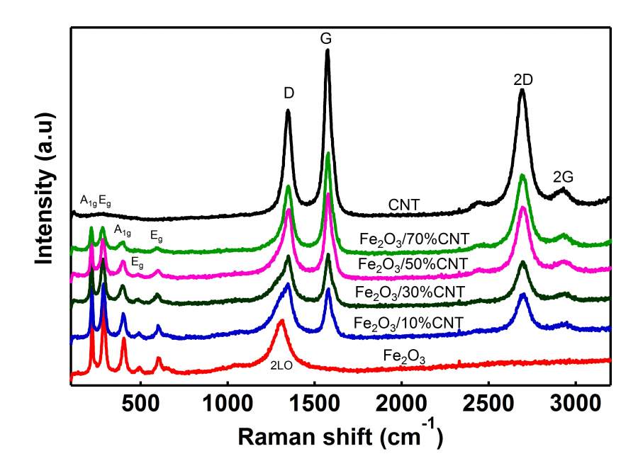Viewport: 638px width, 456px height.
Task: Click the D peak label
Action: (x=289, y=93)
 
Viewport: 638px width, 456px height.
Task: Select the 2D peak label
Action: (x=523, y=80)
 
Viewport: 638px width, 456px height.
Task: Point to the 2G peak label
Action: (x=564, y=177)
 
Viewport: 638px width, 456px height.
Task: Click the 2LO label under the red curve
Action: (x=281, y=365)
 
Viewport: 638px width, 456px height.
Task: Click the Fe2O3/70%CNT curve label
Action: (x=414, y=239)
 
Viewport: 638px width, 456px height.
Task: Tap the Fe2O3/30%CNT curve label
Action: (x=410, y=292)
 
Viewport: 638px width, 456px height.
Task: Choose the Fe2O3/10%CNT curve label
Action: (x=408, y=324)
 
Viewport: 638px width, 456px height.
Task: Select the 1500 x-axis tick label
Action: (x=314, y=406)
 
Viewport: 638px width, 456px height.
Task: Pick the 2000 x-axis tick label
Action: (x=401, y=406)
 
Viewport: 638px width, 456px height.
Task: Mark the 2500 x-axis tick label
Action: (x=488, y=406)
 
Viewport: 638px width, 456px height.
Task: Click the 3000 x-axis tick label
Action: (x=575, y=406)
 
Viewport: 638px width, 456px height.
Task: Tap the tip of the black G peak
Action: (x=328, y=50)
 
